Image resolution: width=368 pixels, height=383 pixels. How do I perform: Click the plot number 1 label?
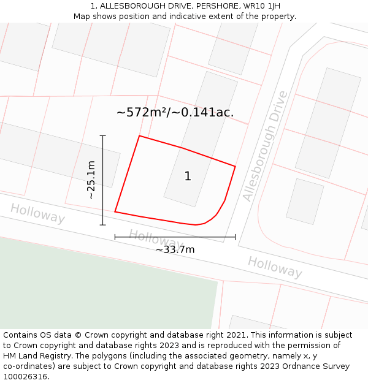(x=188, y=176)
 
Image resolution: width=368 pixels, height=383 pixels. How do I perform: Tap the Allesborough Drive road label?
(x=265, y=146)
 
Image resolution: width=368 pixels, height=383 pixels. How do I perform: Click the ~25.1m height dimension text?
(x=91, y=180)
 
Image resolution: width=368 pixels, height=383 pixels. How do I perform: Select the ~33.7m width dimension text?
(x=175, y=249)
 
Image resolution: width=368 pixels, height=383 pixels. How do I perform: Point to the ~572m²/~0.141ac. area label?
(x=175, y=112)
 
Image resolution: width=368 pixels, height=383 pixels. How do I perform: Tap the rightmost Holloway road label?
(x=275, y=267)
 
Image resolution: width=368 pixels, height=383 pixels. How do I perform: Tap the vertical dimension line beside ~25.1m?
(x=102, y=180)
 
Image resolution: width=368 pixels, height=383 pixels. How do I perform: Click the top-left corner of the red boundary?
(x=140, y=136)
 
